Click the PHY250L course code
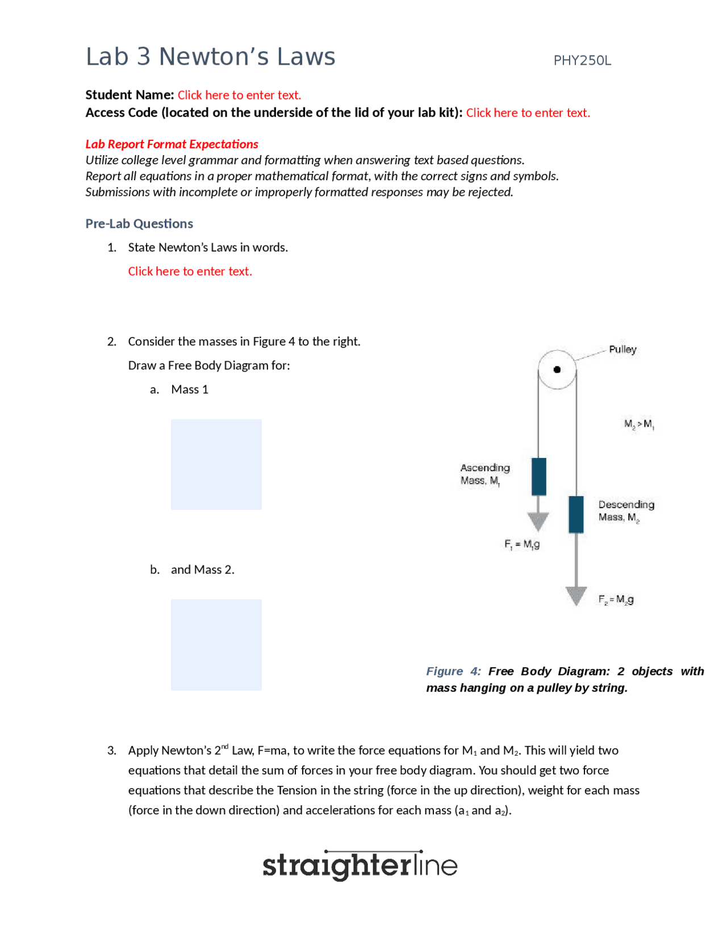(582, 61)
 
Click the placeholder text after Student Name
(239, 95)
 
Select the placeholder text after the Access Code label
(528, 113)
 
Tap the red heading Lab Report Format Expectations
(172, 144)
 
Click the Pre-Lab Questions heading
(139, 223)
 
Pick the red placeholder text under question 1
(190, 271)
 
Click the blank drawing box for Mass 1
(216, 464)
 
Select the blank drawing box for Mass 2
(216, 644)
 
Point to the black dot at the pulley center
(557, 369)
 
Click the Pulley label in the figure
(622, 349)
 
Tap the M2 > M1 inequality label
(639, 424)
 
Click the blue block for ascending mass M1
(538, 476)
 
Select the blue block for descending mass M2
(576, 514)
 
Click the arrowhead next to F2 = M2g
(576, 596)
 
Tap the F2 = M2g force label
(616, 599)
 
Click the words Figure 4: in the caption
(453, 671)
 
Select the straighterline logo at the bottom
(360, 865)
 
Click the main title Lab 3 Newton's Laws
(210, 57)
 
